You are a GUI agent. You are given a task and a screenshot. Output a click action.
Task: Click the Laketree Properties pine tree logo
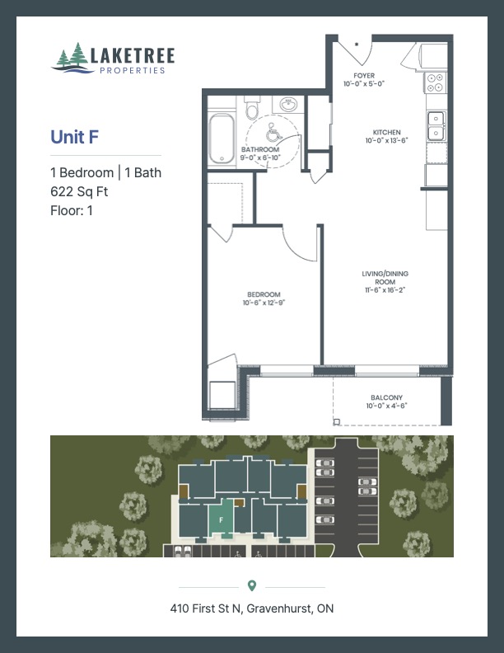click(x=72, y=58)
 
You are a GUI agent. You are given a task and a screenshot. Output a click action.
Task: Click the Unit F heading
click(x=75, y=137)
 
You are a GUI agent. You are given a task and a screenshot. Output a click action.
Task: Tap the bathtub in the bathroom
click(x=222, y=139)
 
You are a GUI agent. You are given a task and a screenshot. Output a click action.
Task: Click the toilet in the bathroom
click(x=253, y=109)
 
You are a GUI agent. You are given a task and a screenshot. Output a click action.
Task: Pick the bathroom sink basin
click(x=288, y=106)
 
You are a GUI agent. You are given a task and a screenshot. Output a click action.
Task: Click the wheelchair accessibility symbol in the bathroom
click(x=273, y=131)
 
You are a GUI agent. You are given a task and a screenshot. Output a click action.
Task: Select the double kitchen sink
click(x=435, y=127)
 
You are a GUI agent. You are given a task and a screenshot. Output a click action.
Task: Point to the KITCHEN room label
click(x=386, y=133)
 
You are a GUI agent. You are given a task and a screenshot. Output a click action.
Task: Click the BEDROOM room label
click(x=264, y=295)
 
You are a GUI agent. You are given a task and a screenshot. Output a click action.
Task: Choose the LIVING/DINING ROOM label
click(x=385, y=277)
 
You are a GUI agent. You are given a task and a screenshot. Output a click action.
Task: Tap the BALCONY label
click(x=386, y=397)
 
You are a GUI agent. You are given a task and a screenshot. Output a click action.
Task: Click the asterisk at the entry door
click(x=357, y=44)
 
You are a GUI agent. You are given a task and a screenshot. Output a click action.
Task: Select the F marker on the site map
click(x=222, y=519)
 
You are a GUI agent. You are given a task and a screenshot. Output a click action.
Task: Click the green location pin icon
click(x=252, y=585)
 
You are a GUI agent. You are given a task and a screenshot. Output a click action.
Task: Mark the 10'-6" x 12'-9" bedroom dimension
click(x=264, y=303)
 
